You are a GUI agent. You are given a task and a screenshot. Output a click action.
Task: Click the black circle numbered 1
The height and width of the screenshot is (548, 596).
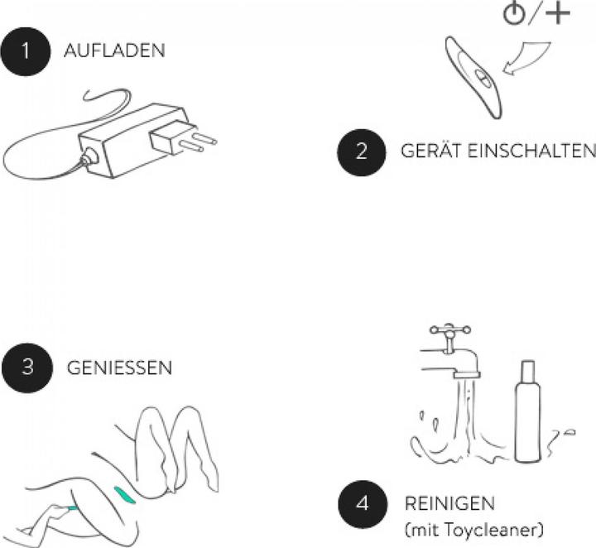[26, 51]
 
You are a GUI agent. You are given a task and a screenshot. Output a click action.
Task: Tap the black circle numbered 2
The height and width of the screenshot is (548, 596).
[362, 152]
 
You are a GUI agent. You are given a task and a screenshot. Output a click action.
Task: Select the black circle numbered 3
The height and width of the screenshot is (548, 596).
[27, 368]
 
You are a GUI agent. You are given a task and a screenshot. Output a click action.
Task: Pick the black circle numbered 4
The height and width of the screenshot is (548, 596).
[363, 504]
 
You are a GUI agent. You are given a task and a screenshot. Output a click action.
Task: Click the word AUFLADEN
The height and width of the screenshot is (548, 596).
[114, 51]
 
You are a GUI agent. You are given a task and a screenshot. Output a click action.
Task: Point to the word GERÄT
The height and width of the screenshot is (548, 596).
[431, 150]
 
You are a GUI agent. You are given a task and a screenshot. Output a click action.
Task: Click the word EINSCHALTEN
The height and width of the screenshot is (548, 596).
[531, 151]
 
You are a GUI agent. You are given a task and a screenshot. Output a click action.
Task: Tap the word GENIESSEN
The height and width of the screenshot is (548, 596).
[119, 368]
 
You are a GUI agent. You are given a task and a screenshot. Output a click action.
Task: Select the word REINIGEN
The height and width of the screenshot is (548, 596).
[449, 503]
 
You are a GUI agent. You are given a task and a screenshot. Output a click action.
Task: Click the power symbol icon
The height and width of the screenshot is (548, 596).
[514, 14]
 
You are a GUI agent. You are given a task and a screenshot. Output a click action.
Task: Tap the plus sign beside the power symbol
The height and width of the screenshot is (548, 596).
[558, 13]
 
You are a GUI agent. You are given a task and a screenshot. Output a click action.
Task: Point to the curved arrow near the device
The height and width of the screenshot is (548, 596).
[528, 57]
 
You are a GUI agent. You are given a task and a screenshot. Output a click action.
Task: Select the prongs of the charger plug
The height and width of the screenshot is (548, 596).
[199, 140]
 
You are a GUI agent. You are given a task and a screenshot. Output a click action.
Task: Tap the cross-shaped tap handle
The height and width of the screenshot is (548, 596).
[450, 329]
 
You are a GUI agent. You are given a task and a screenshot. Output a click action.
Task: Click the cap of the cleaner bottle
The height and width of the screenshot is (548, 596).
[527, 372]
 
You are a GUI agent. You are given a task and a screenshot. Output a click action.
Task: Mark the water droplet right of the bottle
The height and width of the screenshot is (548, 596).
[570, 432]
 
